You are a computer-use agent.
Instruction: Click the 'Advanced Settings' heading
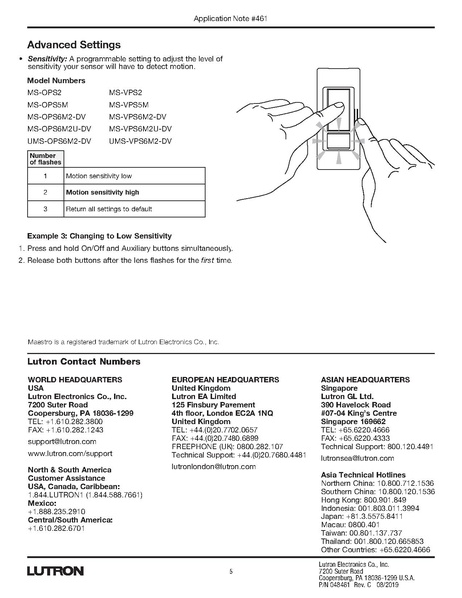[74, 45]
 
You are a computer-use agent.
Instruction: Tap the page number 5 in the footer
[231, 571]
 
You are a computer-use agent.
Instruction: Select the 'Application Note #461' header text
[231, 19]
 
